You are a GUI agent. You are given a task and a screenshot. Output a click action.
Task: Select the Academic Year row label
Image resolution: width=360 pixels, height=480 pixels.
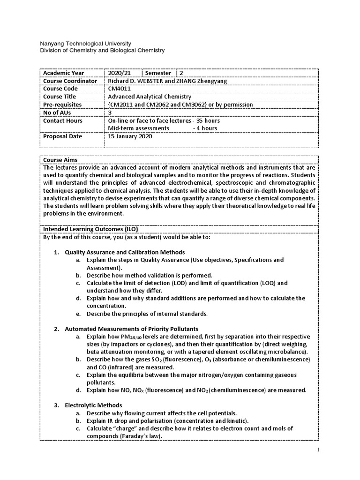tap(63, 73)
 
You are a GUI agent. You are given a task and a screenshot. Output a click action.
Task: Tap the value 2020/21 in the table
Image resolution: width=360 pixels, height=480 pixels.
tap(118, 73)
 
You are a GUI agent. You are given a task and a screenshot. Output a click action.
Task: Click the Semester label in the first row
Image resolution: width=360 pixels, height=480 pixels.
tap(158, 73)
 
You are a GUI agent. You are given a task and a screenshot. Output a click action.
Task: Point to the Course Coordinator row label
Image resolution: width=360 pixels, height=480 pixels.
tap(70, 81)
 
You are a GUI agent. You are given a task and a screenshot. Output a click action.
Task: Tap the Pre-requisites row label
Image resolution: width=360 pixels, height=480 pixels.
tap(62, 105)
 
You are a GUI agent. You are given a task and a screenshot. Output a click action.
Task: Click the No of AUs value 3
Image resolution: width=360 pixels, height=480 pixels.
tap(110, 113)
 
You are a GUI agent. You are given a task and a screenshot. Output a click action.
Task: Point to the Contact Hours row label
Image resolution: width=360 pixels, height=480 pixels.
tap(63, 121)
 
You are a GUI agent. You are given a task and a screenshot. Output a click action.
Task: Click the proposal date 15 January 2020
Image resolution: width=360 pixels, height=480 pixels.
tap(130, 137)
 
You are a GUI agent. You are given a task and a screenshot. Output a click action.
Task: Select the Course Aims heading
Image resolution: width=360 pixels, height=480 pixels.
tap(60, 160)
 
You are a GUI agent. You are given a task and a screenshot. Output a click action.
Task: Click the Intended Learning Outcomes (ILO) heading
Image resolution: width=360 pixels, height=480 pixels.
tap(90, 229)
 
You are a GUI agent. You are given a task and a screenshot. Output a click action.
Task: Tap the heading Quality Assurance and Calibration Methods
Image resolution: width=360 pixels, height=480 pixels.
tap(125, 252)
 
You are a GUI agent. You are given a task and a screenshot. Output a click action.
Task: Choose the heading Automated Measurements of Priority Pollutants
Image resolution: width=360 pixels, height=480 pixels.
tap(131, 329)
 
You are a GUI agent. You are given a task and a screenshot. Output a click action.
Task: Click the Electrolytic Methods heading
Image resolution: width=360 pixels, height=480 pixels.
tap(93, 405)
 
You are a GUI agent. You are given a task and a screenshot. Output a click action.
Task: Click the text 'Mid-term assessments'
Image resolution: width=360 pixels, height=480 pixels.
tap(138, 128)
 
